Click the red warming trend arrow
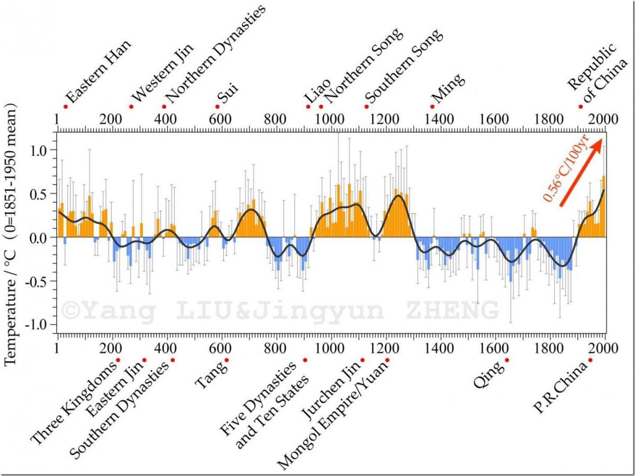[582, 172]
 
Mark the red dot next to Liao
[308, 106]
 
